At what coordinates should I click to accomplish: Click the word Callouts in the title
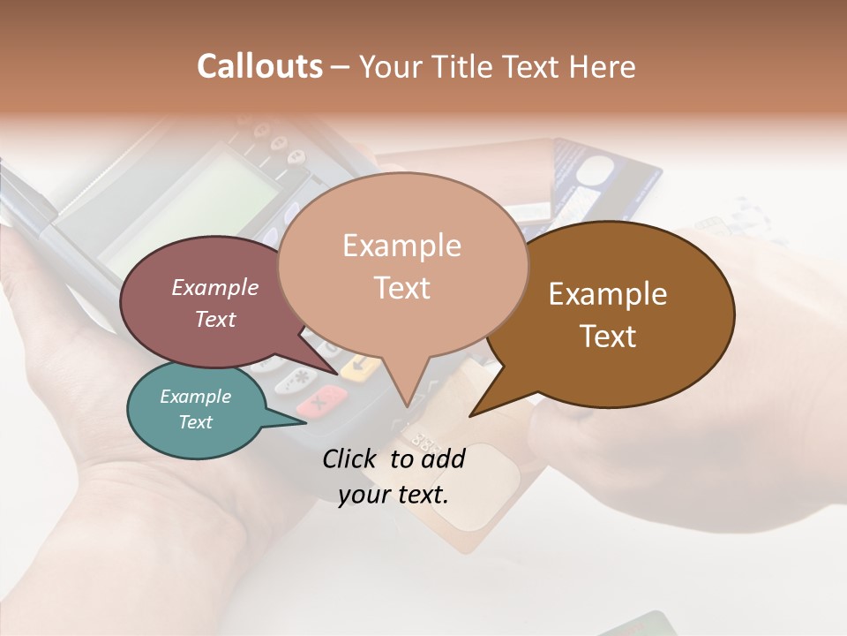point(259,66)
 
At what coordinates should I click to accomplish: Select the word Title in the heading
point(461,67)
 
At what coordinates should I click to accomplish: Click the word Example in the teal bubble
point(195,397)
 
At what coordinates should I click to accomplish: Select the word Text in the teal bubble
point(195,422)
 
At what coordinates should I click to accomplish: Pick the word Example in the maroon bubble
point(215,287)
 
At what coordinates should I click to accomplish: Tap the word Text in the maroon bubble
point(215,319)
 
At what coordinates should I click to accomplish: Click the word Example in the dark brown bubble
point(608,294)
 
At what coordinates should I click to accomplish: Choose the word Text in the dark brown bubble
point(608,336)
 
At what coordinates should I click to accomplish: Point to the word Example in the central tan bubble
point(401,245)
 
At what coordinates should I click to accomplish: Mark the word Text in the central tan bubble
point(401,287)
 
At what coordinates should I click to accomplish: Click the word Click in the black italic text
point(350,458)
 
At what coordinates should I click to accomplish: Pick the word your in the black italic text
point(363,495)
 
